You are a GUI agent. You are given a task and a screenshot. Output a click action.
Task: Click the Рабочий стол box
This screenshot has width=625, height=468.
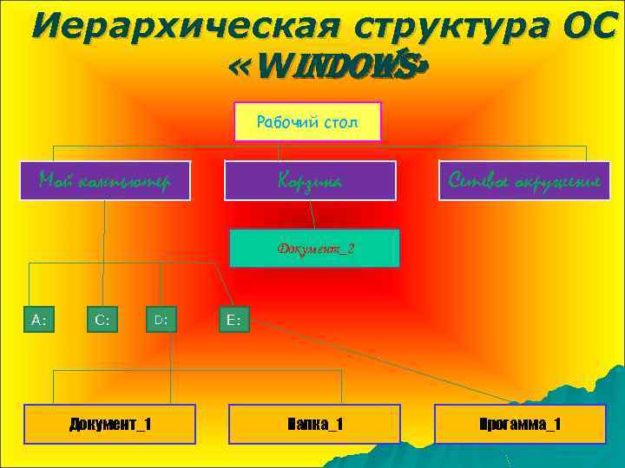point(307,122)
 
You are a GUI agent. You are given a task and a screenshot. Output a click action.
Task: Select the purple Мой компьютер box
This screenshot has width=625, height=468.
point(104,180)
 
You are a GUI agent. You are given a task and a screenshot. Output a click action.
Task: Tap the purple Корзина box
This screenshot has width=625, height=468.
point(310,180)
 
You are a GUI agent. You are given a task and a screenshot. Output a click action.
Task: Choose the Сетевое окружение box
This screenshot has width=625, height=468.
point(524,180)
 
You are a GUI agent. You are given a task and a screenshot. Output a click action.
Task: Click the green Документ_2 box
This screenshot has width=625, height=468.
point(315,249)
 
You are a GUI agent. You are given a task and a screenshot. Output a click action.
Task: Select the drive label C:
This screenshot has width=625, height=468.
point(102,320)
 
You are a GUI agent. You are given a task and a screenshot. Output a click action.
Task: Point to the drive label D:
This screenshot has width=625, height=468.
point(161,320)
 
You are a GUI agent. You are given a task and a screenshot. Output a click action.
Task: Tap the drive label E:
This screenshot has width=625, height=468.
point(234,320)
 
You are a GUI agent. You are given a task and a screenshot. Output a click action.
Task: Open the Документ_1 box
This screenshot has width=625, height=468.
point(109,424)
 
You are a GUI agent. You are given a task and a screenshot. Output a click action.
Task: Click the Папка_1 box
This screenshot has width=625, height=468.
point(314,424)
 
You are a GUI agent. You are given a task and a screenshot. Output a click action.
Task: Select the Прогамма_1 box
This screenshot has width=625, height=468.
point(520,424)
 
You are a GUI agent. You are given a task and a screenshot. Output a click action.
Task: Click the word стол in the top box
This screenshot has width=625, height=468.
point(340,122)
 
